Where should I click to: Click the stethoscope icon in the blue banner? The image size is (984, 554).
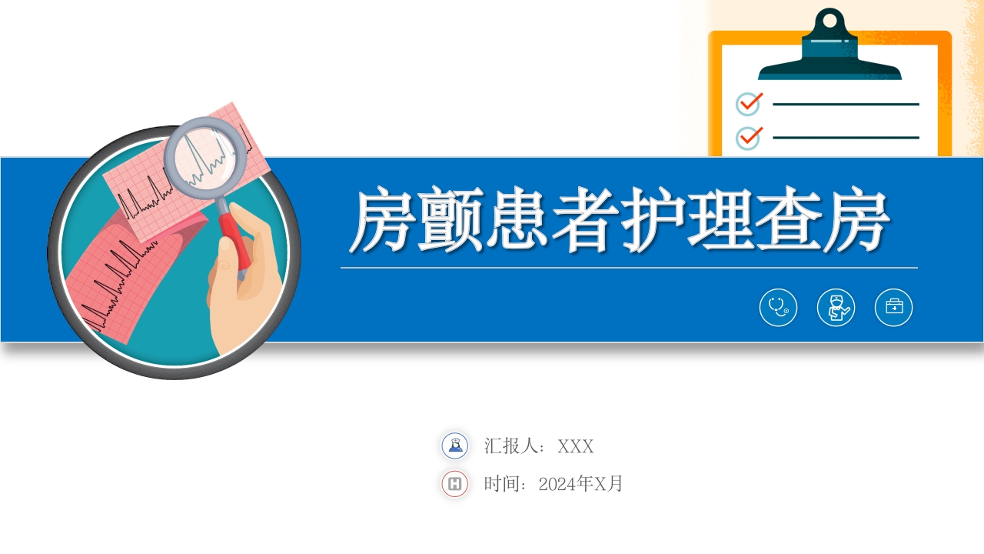(778, 308)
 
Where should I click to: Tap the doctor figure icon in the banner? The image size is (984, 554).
(836, 308)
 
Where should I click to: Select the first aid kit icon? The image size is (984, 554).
(893, 308)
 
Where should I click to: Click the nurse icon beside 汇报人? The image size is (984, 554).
(455, 446)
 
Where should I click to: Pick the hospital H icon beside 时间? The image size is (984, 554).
(455, 484)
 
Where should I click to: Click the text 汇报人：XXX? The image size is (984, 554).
(538, 446)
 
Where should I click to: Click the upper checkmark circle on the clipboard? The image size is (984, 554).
(748, 104)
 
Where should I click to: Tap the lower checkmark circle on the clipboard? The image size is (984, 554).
(748, 138)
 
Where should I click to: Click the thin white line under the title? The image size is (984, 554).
(629, 268)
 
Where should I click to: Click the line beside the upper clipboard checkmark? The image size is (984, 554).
(846, 104)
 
